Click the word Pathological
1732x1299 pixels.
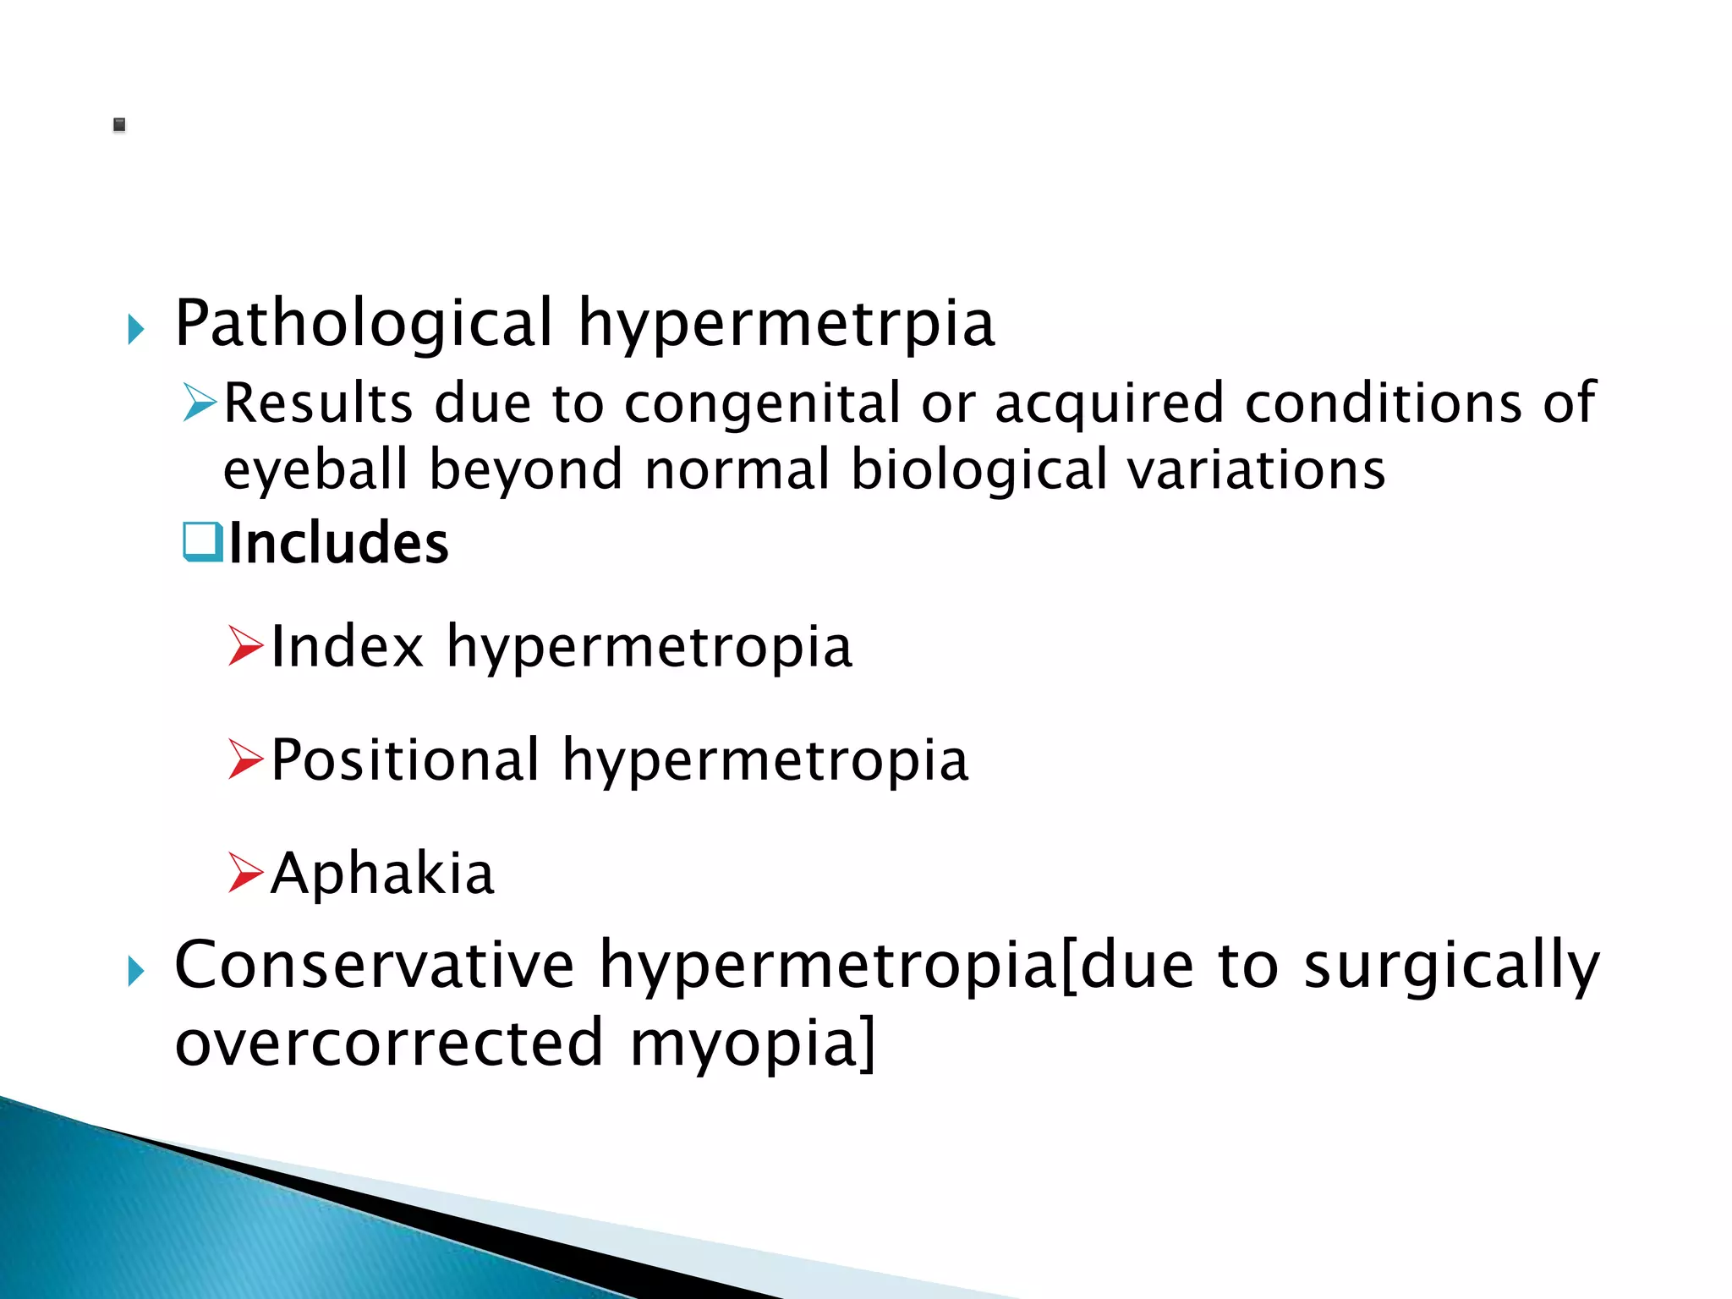(x=364, y=324)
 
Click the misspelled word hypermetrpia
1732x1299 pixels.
(x=787, y=324)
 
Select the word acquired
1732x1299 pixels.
(x=1109, y=403)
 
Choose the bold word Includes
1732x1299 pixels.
(x=338, y=543)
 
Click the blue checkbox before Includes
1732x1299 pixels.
(x=202, y=541)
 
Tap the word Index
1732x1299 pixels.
(x=347, y=647)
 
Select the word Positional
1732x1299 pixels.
(x=405, y=760)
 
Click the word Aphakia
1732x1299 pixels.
(x=382, y=874)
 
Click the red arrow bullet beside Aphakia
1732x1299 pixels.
(x=245, y=873)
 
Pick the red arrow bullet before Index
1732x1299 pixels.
(x=245, y=646)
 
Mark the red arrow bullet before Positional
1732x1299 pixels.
(x=245, y=759)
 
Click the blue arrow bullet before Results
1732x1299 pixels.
(x=200, y=402)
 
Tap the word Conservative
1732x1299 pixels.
(x=375, y=965)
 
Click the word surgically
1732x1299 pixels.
(x=1451, y=967)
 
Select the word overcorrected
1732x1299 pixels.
(x=389, y=1044)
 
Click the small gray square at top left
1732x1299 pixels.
(x=119, y=125)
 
